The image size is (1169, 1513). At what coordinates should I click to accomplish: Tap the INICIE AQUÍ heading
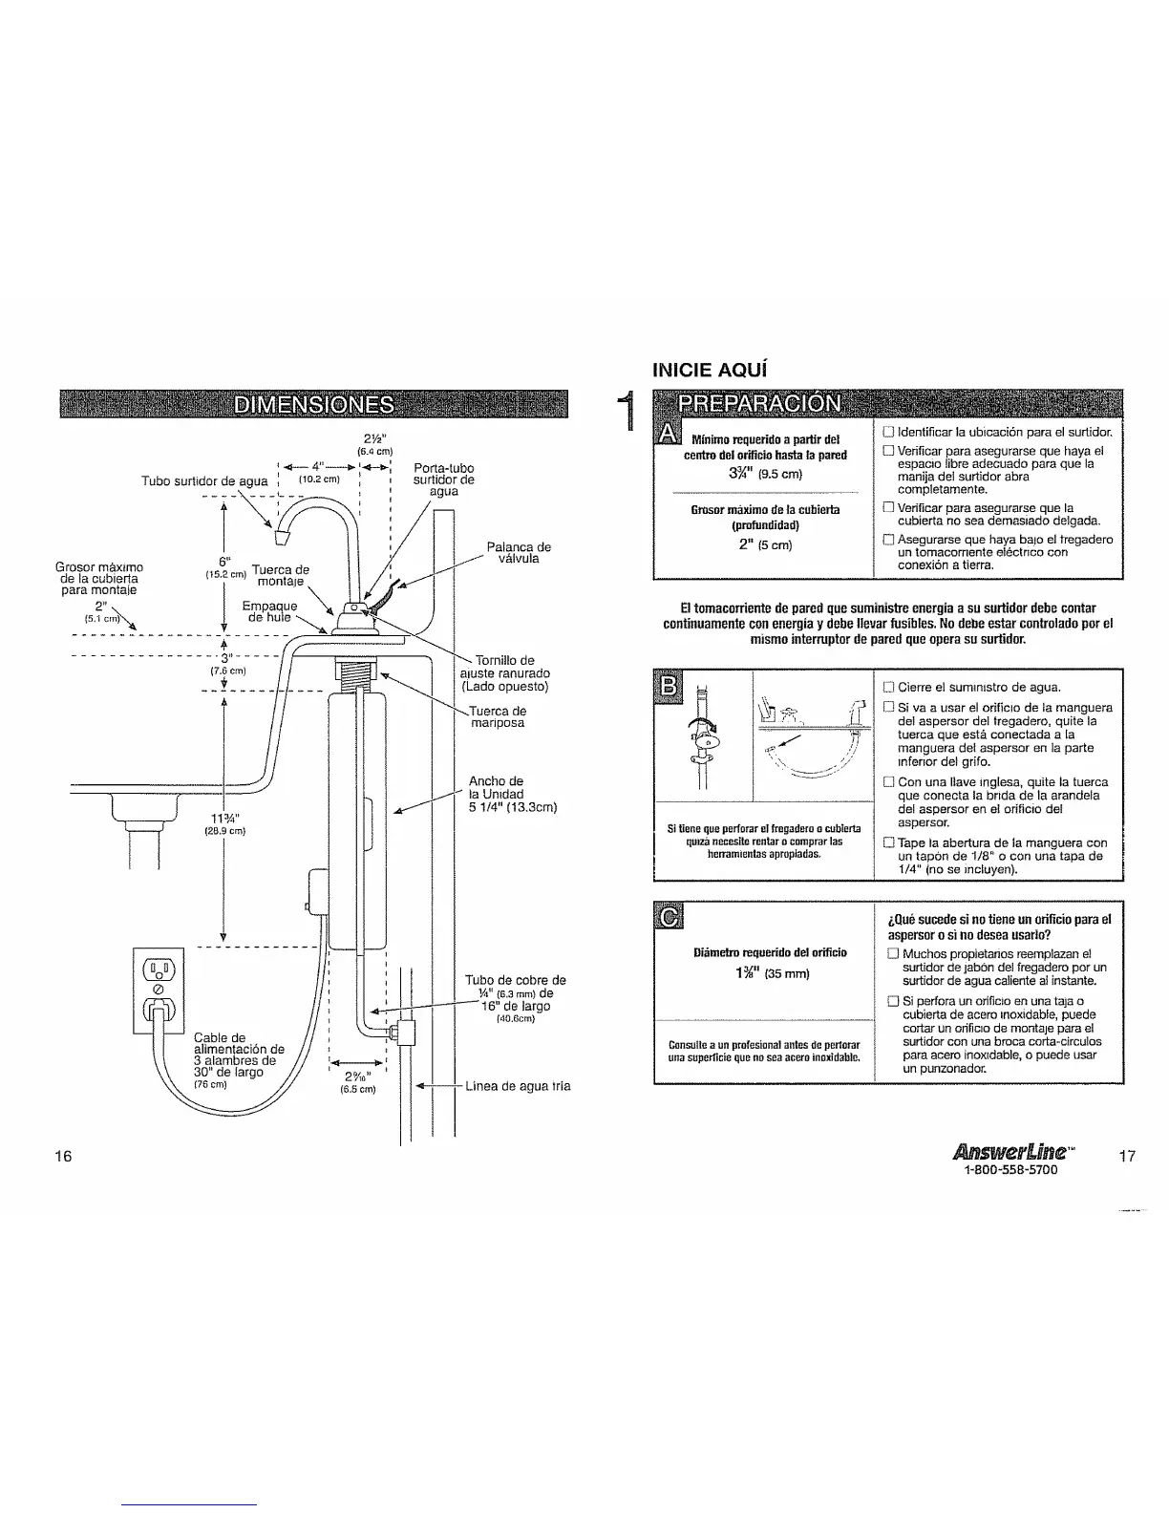[710, 369]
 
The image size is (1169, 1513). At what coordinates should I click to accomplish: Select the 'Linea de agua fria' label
[517, 1086]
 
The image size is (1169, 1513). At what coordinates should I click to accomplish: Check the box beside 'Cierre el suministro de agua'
[888, 687]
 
